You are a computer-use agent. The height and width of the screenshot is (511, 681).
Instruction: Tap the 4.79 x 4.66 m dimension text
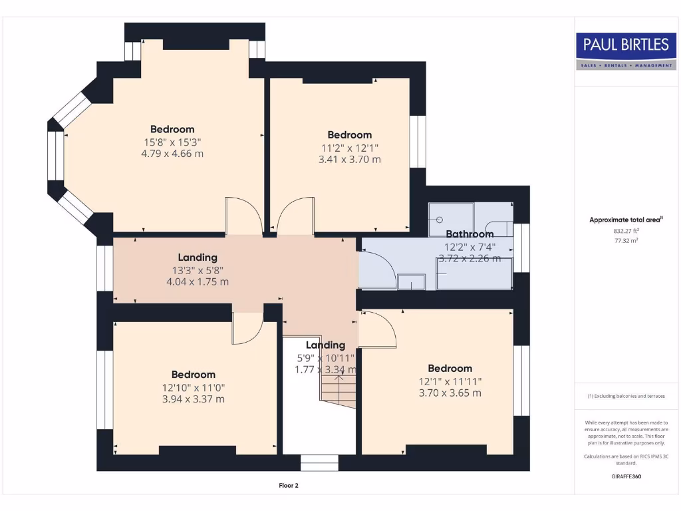(x=172, y=153)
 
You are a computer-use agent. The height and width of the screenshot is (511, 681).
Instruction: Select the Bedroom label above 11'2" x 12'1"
(x=350, y=134)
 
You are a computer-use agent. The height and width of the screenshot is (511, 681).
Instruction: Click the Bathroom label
(x=470, y=234)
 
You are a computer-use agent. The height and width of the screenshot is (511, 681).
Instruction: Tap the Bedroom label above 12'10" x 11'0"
(x=194, y=375)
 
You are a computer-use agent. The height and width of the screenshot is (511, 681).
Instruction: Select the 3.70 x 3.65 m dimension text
(x=450, y=393)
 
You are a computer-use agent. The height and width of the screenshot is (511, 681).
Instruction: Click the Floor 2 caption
(x=289, y=486)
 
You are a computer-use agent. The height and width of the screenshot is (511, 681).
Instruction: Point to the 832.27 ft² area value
(x=626, y=231)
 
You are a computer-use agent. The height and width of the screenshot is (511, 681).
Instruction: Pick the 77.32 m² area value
(x=626, y=241)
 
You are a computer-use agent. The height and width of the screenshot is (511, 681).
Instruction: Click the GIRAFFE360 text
(x=626, y=476)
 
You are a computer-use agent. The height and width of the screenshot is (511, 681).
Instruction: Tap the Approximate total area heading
(x=626, y=220)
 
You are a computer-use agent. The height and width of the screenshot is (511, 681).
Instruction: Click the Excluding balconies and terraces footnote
(x=626, y=396)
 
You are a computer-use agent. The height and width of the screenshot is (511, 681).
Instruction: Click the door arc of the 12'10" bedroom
(x=249, y=329)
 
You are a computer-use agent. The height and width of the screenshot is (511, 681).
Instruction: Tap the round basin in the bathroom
(x=439, y=219)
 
